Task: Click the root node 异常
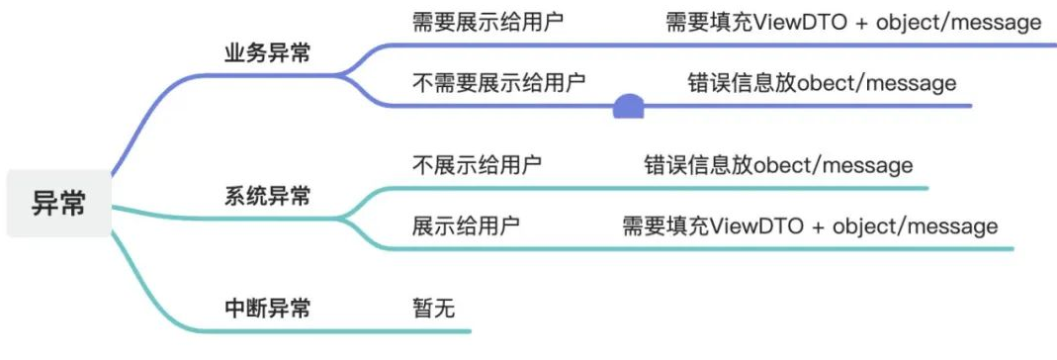(59, 204)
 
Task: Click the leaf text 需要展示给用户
(488, 22)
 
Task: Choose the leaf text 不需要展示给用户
(499, 82)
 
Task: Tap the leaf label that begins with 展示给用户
(466, 225)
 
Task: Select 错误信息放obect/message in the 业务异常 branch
(822, 82)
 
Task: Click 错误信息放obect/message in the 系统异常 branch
(778, 164)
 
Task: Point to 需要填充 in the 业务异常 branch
(709, 22)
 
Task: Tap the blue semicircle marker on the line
(629, 107)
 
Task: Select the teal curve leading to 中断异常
(148, 287)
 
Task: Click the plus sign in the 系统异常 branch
(818, 226)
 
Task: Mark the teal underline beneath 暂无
(435, 331)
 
